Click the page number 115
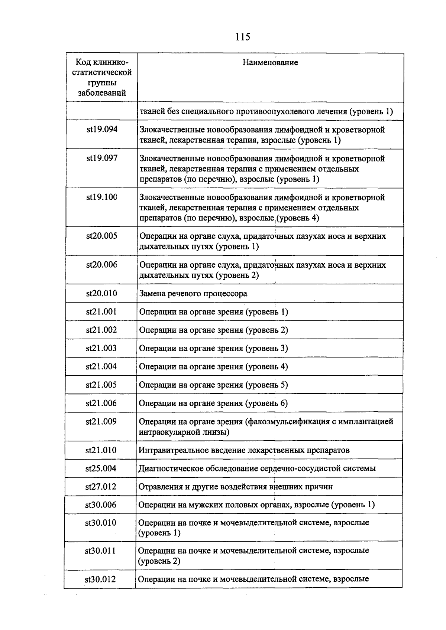(242, 37)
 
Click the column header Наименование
(270, 62)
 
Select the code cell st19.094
(102, 130)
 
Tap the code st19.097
(102, 159)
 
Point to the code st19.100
(102, 198)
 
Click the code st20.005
(102, 236)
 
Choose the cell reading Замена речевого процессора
(193, 294)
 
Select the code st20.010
(102, 294)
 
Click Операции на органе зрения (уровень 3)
(213, 348)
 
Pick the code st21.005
(101, 385)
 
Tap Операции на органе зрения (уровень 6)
(213, 403)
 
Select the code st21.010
(101, 450)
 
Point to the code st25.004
(101, 469)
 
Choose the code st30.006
(101, 505)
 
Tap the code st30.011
(100, 551)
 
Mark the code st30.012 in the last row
(100, 579)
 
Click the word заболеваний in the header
(102, 93)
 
